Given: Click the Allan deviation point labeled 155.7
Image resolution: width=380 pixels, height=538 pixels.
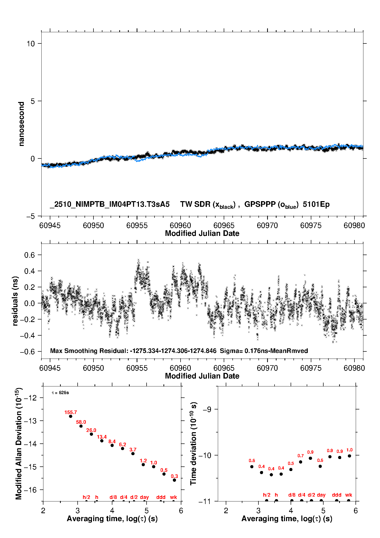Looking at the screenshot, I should click(x=71, y=416).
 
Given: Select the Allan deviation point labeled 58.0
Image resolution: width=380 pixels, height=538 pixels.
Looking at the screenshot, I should click(x=81, y=426).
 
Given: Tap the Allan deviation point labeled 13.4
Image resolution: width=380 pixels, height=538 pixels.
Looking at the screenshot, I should click(x=102, y=441).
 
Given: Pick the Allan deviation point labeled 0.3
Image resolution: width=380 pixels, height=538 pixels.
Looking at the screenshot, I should click(x=174, y=480).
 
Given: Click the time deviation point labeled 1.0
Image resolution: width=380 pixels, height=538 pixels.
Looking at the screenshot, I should click(x=349, y=456).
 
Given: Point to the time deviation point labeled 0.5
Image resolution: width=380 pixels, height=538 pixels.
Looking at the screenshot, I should click(x=291, y=470).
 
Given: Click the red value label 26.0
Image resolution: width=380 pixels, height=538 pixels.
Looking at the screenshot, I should click(x=91, y=430).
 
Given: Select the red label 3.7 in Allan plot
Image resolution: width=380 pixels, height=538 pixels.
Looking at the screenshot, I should click(x=133, y=450).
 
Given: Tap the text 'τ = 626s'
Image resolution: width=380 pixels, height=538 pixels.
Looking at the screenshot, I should click(x=60, y=393).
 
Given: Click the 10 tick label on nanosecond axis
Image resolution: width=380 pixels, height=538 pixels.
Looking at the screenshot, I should click(x=31, y=44).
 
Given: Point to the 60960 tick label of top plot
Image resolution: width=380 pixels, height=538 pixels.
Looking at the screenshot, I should click(x=180, y=225).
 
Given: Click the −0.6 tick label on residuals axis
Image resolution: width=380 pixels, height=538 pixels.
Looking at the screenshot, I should click(x=28, y=352).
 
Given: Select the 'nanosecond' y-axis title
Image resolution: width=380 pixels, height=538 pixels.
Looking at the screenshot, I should click(x=21, y=124).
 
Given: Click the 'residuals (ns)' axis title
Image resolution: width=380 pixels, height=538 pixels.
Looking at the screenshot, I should click(x=15, y=301).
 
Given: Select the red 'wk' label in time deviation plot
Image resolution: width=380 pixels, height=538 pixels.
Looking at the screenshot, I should click(x=349, y=495).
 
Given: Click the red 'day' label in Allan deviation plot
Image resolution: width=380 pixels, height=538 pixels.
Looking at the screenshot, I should click(x=144, y=497).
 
